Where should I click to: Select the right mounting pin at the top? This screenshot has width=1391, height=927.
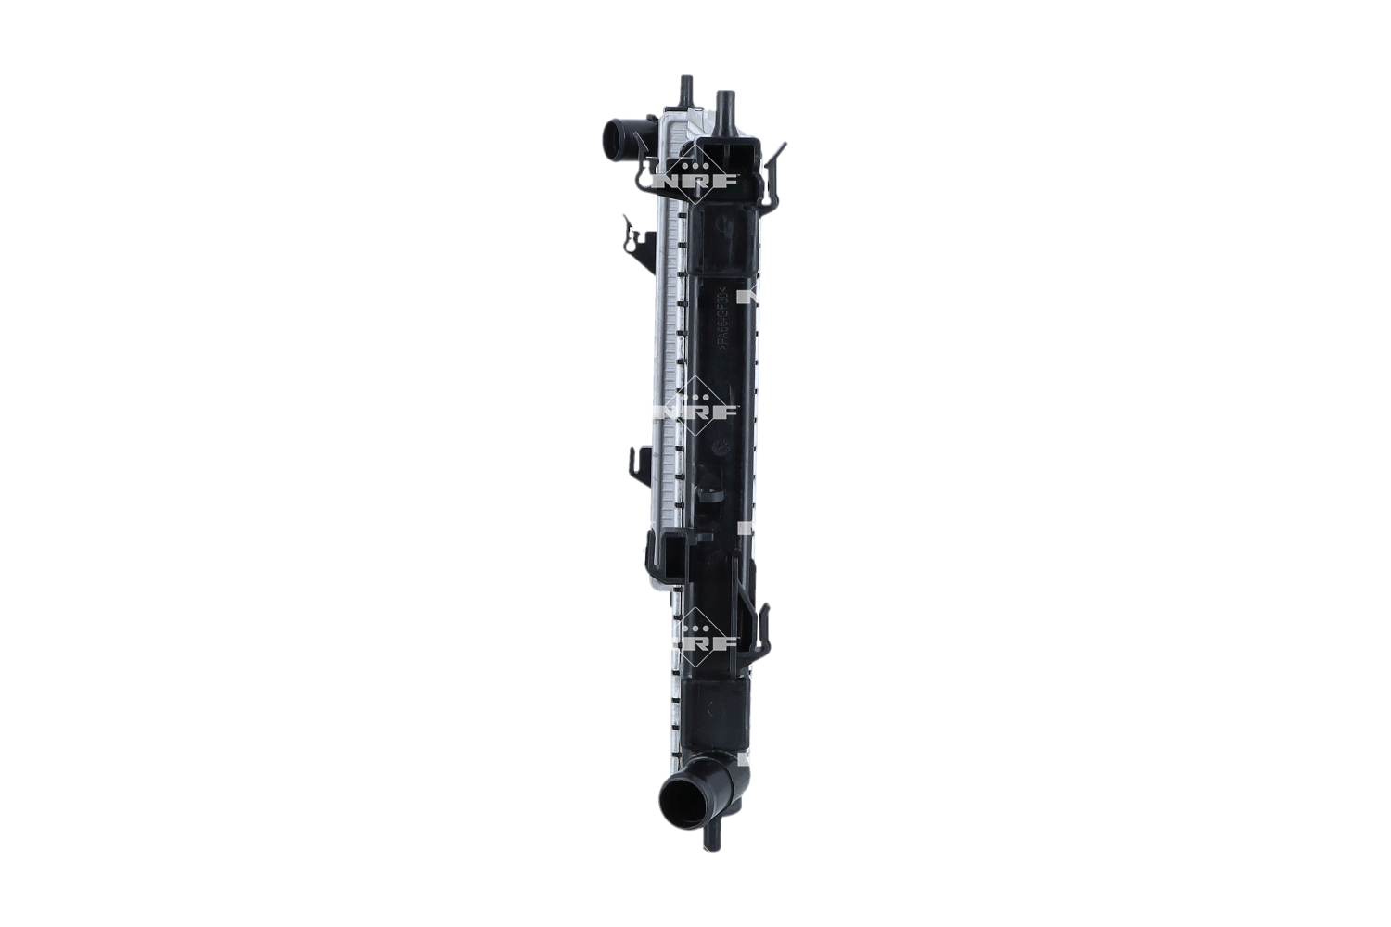tap(725, 109)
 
